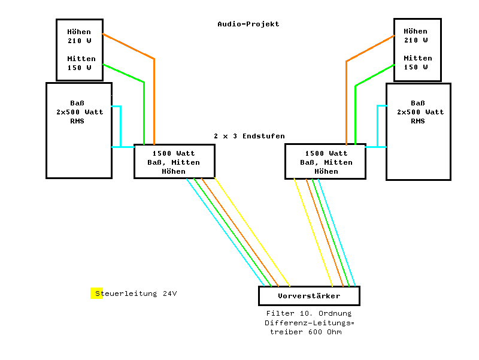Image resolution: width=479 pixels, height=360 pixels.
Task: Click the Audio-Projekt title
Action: pyautogui.click(x=248, y=24)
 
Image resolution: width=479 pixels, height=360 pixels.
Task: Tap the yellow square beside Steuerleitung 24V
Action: pyautogui.click(x=96, y=294)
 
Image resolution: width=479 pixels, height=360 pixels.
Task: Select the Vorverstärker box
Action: pyautogui.click(x=309, y=296)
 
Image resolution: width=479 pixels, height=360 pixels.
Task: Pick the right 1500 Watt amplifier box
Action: pyautogui.click(x=326, y=162)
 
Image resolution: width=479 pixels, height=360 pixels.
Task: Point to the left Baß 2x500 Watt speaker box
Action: pyautogui.click(x=79, y=144)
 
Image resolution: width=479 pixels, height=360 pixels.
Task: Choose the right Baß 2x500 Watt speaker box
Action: pyautogui.click(x=418, y=144)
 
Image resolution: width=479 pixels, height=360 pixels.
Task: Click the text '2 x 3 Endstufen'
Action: pyautogui.click(x=249, y=136)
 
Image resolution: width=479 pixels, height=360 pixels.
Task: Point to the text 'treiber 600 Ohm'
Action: pyautogui.click(x=305, y=332)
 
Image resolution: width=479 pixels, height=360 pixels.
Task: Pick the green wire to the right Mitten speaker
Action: pyautogui.click(x=356, y=114)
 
